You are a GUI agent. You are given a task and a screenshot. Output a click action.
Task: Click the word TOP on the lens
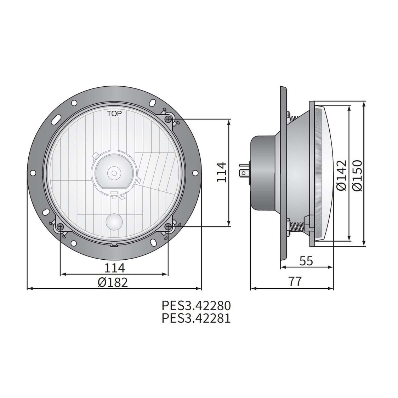click(x=114, y=114)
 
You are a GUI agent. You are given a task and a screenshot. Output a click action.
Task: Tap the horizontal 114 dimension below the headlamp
click(x=114, y=268)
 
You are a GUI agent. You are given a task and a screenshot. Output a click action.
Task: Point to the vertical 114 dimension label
click(x=221, y=172)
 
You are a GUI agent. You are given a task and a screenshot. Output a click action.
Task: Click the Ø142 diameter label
click(x=341, y=175)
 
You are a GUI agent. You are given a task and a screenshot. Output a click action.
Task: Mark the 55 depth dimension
click(x=306, y=261)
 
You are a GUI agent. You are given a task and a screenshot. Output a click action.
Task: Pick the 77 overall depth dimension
click(x=295, y=282)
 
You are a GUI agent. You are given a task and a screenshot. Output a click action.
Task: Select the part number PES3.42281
click(x=196, y=318)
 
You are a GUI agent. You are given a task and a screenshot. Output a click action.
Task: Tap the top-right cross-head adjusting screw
click(x=168, y=119)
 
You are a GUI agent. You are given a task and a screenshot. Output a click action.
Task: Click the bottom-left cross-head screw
click(x=60, y=226)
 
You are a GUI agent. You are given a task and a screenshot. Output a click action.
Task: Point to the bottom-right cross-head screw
click(x=168, y=226)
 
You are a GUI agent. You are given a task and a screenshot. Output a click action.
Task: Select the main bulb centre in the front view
click(x=114, y=173)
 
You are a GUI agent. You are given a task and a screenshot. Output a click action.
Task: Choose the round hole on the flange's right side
click(x=195, y=173)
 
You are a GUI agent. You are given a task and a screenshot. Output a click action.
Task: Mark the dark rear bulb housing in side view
click(x=262, y=172)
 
